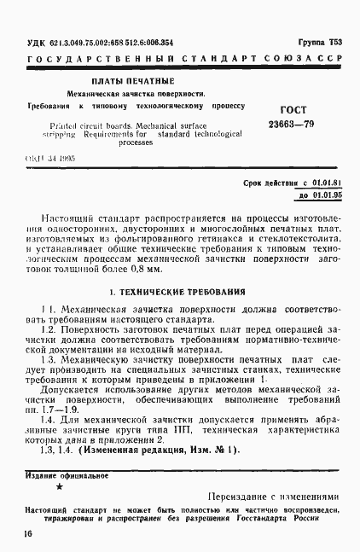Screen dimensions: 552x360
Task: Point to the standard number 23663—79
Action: tap(296, 125)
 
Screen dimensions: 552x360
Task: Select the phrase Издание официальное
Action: tap(67, 474)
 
